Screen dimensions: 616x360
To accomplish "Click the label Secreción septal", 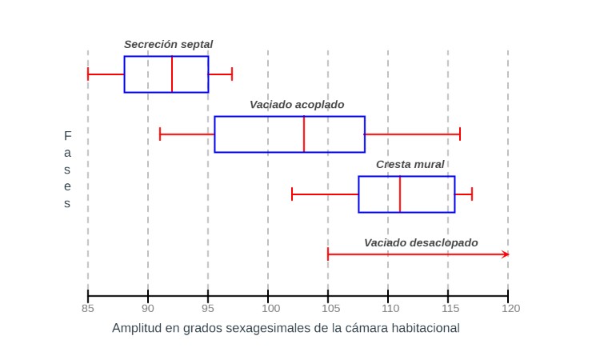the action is (x=169, y=45).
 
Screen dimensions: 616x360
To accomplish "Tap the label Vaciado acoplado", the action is (x=297, y=105).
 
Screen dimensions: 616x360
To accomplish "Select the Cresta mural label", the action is (x=410, y=164).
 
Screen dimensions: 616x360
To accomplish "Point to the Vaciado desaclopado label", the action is (x=421, y=243).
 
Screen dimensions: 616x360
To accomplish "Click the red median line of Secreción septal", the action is (x=172, y=74).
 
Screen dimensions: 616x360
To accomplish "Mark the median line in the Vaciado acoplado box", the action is (x=304, y=134).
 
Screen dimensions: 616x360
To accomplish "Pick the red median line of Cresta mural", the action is (x=400, y=194).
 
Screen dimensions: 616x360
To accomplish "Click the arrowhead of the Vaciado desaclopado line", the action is (x=506, y=254).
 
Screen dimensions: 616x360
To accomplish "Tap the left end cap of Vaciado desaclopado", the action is (x=328, y=254).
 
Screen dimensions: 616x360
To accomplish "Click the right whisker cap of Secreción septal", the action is (x=232, y=74).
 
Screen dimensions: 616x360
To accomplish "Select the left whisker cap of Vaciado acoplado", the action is (x=160, y=134).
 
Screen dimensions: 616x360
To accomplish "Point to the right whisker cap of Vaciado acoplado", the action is (x=460, y=134).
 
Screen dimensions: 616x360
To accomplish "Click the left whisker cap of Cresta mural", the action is (x=292, y=194).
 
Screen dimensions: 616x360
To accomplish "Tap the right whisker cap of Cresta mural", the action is (x=472, y=194).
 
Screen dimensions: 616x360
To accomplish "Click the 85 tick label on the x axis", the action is (x=88, y=309).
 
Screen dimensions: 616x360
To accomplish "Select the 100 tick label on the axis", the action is (x=271, y=309).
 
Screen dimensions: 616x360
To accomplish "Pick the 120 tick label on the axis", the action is (x=510, y=309).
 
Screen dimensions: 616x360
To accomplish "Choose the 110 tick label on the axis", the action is (x=390, y=309).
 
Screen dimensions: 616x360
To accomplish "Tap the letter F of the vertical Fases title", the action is (x=67, y=136).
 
